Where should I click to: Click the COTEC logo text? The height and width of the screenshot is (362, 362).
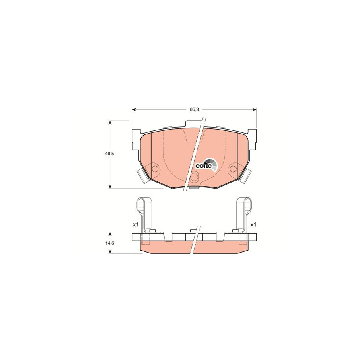[203, 165]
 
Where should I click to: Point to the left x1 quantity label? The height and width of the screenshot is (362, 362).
[135, 224]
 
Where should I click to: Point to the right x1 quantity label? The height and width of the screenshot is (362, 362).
[253, 224]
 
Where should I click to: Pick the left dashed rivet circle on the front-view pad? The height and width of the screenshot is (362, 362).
[155, 169]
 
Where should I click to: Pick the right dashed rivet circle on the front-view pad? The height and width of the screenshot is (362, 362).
[232, 169]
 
